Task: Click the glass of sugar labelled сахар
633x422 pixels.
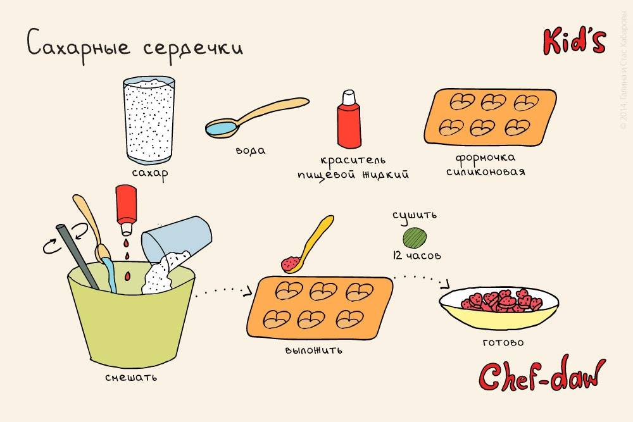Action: point(149,120)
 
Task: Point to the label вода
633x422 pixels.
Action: point(250,151)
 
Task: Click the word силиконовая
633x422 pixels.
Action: point(485,171)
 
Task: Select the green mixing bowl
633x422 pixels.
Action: point(130,323)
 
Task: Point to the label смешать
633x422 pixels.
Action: point(132,378)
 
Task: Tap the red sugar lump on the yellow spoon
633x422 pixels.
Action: point(291,262)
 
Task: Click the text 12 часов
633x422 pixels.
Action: point(416,256)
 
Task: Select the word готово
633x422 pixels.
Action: point(503,342)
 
